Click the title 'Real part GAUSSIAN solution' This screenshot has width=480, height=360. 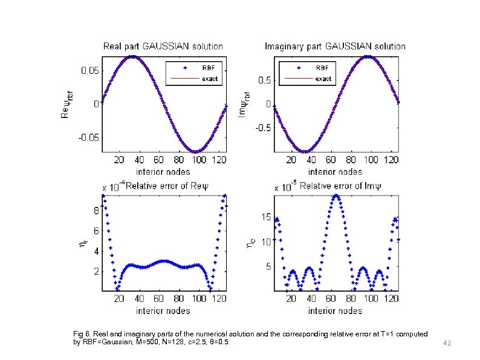[163, 46]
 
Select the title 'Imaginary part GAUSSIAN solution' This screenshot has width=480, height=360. [336, 46]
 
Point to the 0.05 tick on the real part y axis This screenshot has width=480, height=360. [89, 70]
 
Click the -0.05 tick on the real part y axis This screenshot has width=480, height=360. [88, 137]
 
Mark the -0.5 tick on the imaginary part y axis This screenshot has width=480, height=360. [262, 128]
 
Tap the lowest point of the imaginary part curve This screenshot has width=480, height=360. [306, 151]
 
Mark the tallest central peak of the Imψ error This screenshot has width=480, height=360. [336, 195]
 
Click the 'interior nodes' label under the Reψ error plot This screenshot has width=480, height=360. [163, 311]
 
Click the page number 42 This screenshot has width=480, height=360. [447, 343]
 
